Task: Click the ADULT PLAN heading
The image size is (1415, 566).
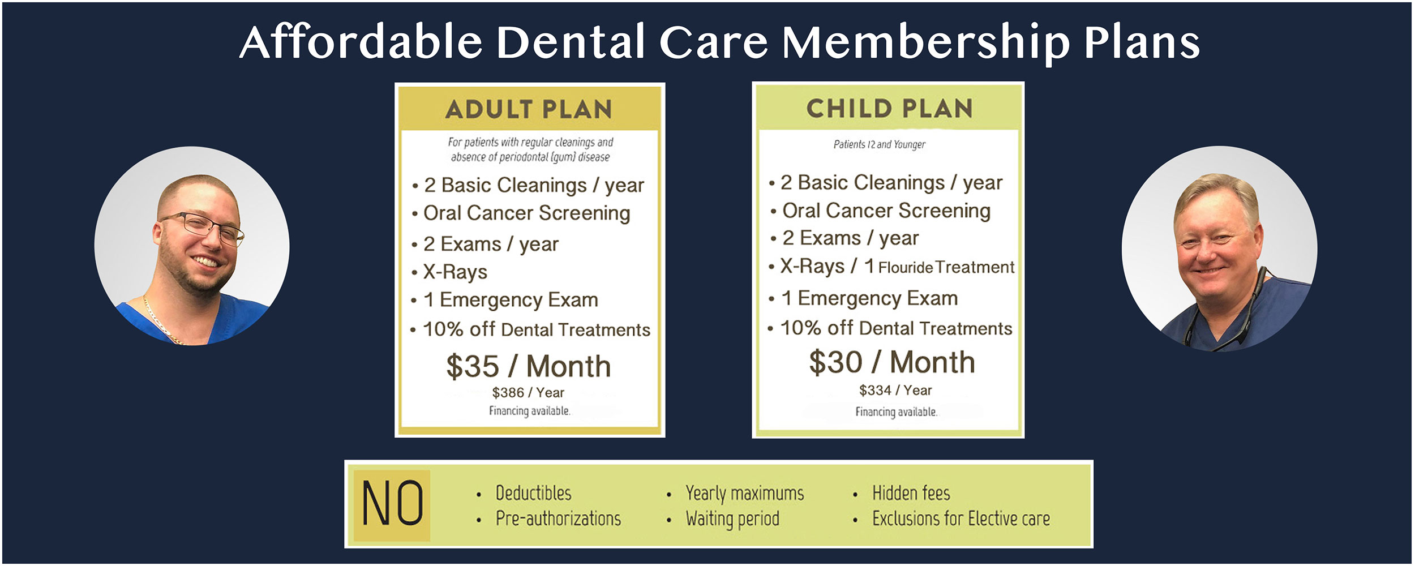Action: click(529, 109)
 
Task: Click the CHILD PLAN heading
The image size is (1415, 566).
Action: click(889, 108)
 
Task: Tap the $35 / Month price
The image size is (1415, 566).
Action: click(529, 366)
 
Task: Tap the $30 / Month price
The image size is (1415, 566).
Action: click(892, 362)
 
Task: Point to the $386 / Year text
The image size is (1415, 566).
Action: click(528, 392)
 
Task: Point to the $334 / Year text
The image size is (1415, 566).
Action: click(895, 390)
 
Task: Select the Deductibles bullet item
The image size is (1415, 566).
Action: click(533, 493)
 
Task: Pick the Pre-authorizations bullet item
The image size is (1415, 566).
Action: click(558, 518)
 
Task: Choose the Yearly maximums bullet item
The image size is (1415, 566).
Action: click(744, 494)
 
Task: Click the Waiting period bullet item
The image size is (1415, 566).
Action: click(732, 519)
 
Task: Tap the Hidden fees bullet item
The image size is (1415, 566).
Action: click(911, 493)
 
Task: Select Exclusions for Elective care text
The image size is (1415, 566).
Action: click(961, 518)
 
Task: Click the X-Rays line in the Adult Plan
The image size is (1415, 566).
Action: click(455, 272)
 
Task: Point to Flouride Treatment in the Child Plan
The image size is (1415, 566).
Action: click(946, 267)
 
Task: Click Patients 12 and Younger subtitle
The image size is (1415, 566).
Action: click(880, 144)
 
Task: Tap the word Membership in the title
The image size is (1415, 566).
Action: click(927, 43)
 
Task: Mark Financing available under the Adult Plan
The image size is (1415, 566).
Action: click(530, 411)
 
